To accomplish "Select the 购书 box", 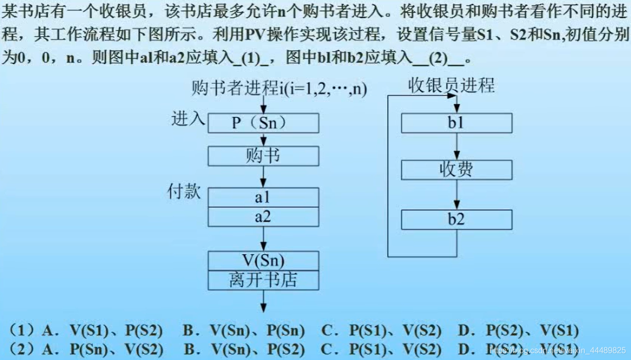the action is (263, 156).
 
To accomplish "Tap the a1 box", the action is (263, 198).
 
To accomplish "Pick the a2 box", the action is (263, 217).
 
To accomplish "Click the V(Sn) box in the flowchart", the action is (263, 261).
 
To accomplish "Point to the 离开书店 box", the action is (263, 280).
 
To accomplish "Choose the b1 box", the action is (456, 123).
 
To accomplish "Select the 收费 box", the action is (456, 170).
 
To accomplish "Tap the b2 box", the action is (456, 220).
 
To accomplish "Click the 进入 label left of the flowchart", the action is (188, 119).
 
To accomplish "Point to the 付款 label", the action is (184, 192).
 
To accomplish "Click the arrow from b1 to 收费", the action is (456, 146).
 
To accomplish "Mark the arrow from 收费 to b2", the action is (456, 195).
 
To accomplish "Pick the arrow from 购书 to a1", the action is (263, 177).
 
